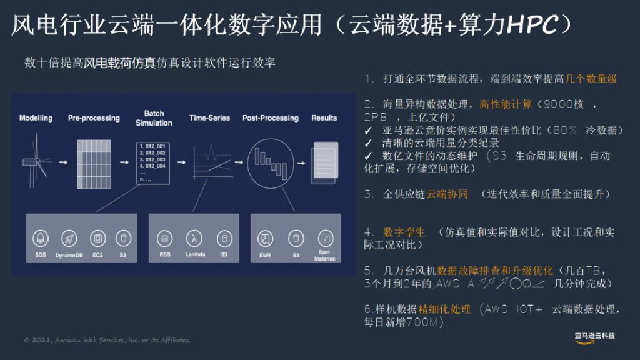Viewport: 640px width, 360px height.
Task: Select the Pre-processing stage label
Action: (93, 118)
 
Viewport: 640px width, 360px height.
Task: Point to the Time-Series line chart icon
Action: (209, 160)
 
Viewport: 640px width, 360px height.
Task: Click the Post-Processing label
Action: (270, 118)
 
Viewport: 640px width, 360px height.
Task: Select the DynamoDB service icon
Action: (69, 238)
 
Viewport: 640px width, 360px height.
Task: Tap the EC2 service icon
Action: (97, 238)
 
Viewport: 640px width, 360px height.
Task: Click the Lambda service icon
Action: (195, 238)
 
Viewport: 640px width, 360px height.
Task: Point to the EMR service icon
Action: (266, 238)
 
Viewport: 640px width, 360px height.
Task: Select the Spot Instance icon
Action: (324, 238)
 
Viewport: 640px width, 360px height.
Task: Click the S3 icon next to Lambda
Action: (224, 238)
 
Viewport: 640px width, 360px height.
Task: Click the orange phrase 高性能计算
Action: (506, 104)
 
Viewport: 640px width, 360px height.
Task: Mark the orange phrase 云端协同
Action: (447, 194)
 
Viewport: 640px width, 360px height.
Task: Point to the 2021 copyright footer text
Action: (106, 341)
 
